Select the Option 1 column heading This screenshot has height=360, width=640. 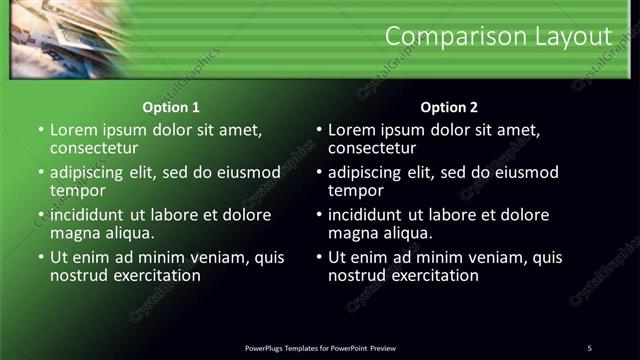tap(171, 107)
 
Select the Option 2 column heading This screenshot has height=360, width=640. tap(449, 107)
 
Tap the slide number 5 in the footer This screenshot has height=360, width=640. tap(589, 348)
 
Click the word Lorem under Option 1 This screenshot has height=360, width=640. tap(74, 130)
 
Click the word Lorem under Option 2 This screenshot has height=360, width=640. tap(352, 130)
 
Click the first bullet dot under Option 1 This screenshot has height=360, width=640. tap(40, 131)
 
